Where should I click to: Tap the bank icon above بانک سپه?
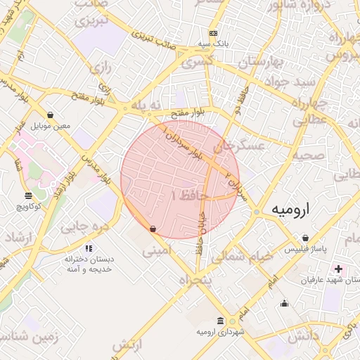click(214, 33)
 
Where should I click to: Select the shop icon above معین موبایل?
click(51, 115)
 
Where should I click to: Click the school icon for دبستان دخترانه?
click(89, 248)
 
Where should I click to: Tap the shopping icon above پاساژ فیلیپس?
click(304, 238)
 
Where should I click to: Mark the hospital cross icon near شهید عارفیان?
click(340, 269)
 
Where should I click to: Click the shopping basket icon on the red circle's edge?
click(153, 229)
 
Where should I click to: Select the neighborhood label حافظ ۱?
click(184, 195)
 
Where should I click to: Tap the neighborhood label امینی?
click(156, 250)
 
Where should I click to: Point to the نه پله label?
click(151, 105)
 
